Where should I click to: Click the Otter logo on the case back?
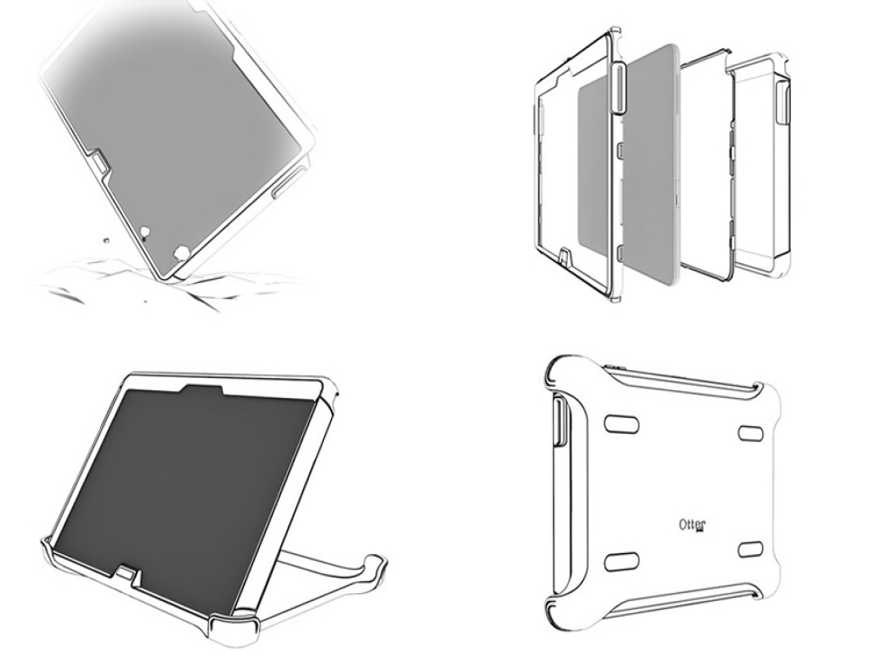point(693,524)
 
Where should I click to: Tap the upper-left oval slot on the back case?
point(621,424)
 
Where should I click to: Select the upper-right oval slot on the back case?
point(750,432)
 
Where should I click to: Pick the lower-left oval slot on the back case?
point(622,562)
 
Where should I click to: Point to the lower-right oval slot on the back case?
point(750,550)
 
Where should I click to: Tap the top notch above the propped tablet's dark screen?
point(202,390)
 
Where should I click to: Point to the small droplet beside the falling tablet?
point(105,240)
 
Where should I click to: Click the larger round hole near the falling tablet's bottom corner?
point(181,252)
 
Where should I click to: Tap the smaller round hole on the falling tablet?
point(145,232)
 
